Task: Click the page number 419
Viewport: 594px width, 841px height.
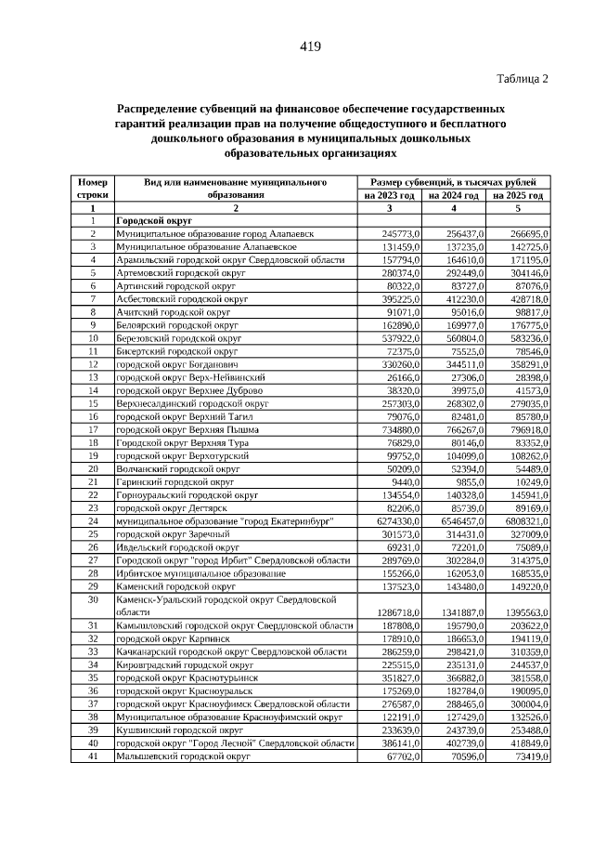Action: click(310, 47)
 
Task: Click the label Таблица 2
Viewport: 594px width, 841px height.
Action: click(523, 78)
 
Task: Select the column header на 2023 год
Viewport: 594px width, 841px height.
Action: click(392, 196)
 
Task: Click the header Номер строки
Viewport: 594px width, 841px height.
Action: click(93, 189)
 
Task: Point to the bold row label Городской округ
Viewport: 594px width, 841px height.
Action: click(153, 222)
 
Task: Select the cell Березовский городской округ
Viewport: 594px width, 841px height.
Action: click(177, 339)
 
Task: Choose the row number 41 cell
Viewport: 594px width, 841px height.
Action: click(93, 757)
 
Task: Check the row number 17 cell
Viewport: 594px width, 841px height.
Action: click(93, 430)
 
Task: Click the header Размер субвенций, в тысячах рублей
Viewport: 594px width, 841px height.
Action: click(455, 182)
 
